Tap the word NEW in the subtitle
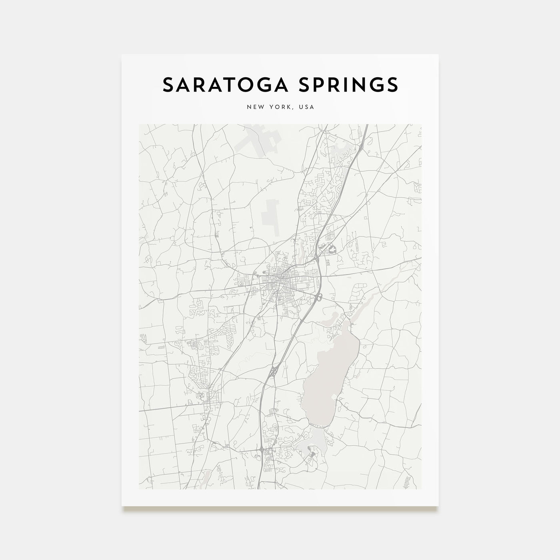(255, 107)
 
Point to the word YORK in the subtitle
(279, 107)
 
